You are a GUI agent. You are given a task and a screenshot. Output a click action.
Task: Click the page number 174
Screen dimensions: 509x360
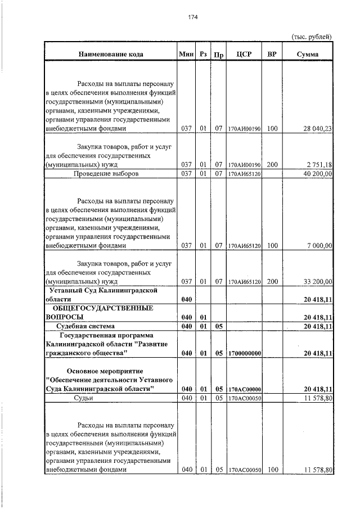[192, 17]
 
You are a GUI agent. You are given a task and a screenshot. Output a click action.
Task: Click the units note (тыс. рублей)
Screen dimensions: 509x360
[311, 37]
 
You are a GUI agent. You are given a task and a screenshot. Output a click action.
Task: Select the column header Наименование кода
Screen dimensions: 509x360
[110, 55]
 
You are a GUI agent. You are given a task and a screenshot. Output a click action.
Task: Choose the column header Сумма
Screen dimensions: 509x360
[307, 55]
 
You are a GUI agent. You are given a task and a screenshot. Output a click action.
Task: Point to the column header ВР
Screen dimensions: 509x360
[272, 55]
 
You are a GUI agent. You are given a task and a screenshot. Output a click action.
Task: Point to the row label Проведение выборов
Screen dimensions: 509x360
[106, 174]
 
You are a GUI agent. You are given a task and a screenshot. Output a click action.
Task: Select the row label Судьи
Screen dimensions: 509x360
[83, 398]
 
